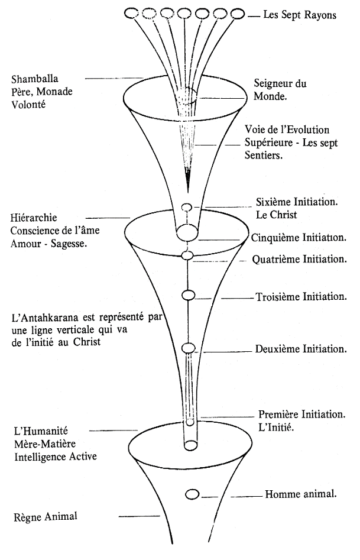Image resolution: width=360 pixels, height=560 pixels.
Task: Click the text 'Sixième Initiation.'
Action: pyautogui.click(x=297, y=202)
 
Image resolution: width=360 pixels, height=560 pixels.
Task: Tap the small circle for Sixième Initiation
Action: pyautogui.click(x=187, y=207)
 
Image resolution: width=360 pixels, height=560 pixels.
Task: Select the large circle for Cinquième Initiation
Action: pyautogui.click(x=187, y=232)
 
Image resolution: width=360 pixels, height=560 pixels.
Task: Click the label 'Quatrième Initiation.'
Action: pyautogui.click(x=299, y=259)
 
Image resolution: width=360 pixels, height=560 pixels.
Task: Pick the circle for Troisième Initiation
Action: pyautogui.click(x=188, y=295)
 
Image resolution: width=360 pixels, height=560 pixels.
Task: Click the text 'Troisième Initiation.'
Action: pyautogui.click(x=301, y=296)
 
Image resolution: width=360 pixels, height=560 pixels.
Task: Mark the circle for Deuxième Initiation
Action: pyautogui.click(x=188, y=348)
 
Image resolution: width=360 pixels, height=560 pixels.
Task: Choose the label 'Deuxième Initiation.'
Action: pyautogui.click(x=301, y=349)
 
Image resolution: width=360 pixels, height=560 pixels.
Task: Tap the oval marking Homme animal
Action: pyautogui.click(x=192, y=494)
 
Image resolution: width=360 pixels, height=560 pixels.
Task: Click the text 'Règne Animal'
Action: pyautogui.click(x=45, y=517)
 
